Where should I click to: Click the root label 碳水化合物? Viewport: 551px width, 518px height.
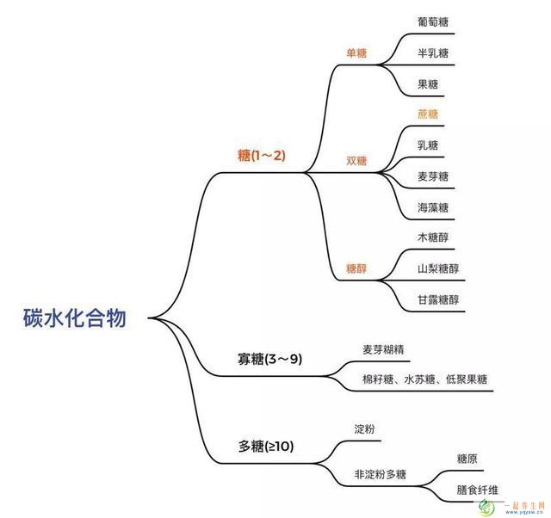point(75,318)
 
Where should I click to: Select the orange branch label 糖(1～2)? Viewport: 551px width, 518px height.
point(262,155)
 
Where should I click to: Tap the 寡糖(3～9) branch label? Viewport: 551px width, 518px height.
point(269,359)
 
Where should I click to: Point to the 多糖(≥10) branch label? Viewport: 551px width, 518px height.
point(266,447)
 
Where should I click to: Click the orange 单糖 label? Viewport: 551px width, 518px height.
point(356,53)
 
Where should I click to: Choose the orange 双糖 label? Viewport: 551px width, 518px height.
point(356,161)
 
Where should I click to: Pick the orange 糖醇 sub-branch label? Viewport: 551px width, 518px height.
point(356,268)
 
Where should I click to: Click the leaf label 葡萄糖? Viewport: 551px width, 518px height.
point(433,22)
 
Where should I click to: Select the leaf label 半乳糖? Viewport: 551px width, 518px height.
point(433,53)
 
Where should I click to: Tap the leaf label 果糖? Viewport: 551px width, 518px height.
point(428,84)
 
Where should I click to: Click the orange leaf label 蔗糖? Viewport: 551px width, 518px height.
point(428,114)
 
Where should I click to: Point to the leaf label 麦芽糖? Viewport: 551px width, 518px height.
point(433,176)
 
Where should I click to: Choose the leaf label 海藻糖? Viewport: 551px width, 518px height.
point(433,207)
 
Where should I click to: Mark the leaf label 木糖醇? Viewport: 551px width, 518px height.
point(433,237)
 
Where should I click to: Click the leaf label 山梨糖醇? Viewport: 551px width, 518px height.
point(438,268)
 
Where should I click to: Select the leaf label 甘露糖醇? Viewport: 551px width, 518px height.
point(438,299)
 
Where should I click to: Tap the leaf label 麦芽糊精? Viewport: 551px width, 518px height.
point(383,349)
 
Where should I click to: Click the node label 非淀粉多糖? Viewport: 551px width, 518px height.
point(381,474)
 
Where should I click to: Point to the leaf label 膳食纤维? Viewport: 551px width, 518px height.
point(478,490)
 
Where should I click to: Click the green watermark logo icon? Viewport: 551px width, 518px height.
point(487,508)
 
